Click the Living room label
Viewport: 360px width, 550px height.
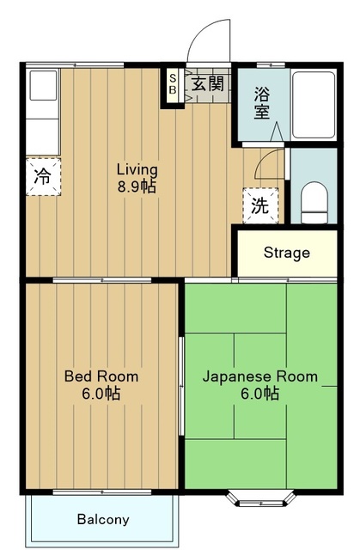(x=137, y=170)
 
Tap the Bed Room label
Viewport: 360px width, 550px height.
(x=101, y=376)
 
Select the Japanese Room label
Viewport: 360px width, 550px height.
(x=260, y=376)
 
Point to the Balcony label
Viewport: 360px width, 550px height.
(x=103, y=519)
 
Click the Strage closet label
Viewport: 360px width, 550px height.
(x=287, y=253)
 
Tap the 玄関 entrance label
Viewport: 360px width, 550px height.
(x=207, y=84)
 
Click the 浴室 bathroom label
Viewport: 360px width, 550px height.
(x=262, y=103)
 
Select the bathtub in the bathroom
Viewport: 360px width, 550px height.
(x=314, y=105)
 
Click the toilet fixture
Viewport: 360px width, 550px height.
(x=314, y=203)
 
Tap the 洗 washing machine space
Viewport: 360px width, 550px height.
(x=260, y=205)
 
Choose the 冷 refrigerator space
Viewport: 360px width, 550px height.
(x=43, y=176)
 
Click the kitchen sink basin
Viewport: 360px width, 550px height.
(x=43, y=86)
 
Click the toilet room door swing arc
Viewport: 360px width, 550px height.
(x=265, y=158)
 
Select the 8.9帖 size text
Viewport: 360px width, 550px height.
(x=137, y=186)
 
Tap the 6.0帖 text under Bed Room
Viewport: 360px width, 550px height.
(x=101, y=394)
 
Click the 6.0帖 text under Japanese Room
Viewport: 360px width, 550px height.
(x=260, y=394)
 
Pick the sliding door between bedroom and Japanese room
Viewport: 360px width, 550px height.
(x=181, y=386)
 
